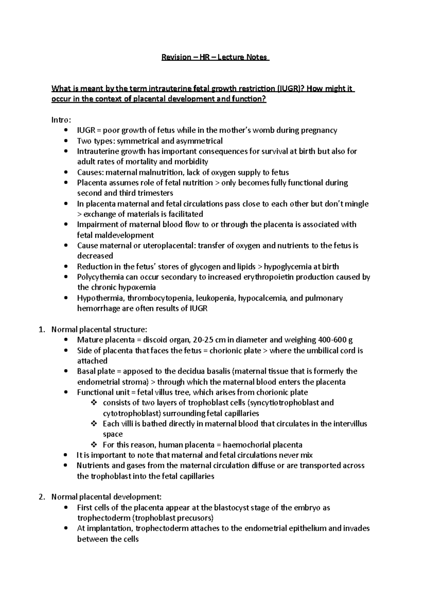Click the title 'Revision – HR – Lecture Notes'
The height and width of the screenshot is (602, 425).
point(215,57)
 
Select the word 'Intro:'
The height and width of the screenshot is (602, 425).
point(61,120)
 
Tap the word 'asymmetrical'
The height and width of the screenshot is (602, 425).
point(203,141)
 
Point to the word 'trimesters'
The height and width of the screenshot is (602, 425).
point(154,193)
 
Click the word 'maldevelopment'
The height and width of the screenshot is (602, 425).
point(115,235)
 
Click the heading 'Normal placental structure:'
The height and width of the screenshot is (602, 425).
point(99,330)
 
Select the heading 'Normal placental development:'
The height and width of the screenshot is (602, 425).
point(106,497)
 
